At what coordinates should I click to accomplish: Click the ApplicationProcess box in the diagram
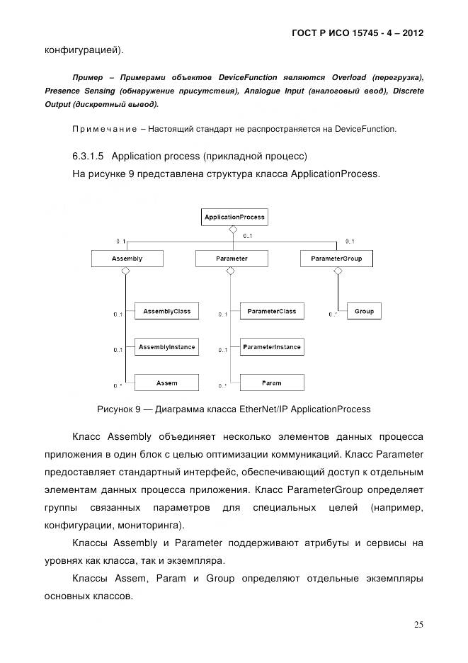[234, 217]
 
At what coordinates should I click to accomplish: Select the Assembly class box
[127, 259]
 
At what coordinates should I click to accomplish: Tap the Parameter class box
[232, 259]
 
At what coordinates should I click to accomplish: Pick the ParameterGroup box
[336, 259]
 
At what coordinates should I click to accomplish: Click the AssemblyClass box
[166, 311]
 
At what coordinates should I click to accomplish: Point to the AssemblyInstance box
[166, 347]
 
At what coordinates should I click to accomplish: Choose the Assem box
[166, 383]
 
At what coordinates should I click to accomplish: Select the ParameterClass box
[271, 311]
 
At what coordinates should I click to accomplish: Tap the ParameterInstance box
[271, 347]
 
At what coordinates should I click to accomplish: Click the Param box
[271, 383]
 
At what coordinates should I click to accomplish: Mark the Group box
[364, 311]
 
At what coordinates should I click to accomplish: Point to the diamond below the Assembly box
[125, 271]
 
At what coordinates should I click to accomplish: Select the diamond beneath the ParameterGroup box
[336, 271]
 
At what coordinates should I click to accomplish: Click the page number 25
[418, 624]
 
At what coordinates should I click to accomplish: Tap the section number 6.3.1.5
[89, 155]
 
